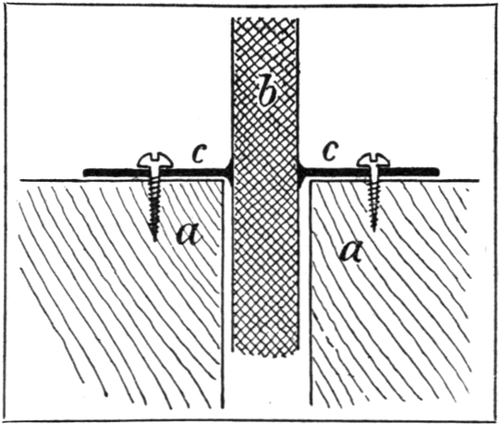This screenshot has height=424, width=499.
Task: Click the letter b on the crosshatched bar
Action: (266, 91)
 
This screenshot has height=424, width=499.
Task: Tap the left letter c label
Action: (200, 152)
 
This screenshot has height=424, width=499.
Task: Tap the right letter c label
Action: (329, 152)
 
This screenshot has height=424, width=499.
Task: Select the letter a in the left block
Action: (189, 235)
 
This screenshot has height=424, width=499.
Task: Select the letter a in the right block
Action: (351, 250)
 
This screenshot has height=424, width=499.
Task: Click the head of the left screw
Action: (155, 161)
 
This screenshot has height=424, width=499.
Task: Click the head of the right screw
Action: (373, 160)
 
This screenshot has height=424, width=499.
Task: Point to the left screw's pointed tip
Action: (155, 240)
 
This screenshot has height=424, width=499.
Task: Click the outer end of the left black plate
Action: (85, 173)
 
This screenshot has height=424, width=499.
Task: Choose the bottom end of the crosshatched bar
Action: (265, 353)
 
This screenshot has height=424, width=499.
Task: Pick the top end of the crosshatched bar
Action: (265, 18)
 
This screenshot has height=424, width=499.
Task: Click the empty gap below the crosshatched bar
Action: (267, 382)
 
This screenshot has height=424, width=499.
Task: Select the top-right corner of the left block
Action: (222, 181)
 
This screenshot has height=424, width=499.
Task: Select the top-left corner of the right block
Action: (310, 181)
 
